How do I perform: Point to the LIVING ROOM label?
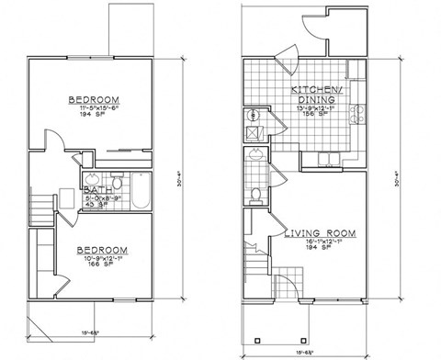tap(321, 234)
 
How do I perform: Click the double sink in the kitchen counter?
tap(328, 160)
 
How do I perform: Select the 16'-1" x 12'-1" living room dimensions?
tap(321, 245)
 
